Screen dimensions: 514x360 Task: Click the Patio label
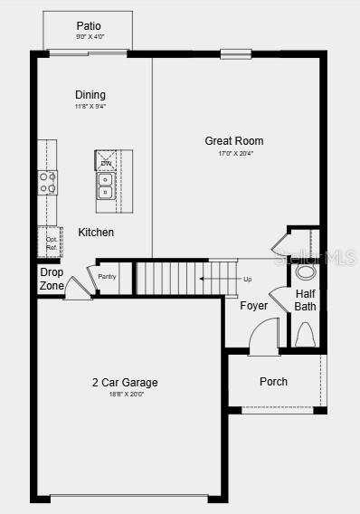click(89, 26)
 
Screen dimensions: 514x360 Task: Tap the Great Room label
click(234, 140)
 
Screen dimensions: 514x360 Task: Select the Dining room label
click(90, 94)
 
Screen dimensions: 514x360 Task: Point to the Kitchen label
click(96, 233)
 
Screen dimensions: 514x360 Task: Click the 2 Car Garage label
click(125, 383)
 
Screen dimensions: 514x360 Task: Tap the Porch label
click(273, 382)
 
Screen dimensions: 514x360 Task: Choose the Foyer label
click(253, 306)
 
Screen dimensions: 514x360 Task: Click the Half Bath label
click(306, 300)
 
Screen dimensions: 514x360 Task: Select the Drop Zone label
click(52, 280)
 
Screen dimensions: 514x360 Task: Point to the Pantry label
click(108, 276)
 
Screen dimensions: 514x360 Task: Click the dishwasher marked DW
click(106, 161)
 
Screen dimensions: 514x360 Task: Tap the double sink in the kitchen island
click(106, 185)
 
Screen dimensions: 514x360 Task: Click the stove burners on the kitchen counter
click(47, 182)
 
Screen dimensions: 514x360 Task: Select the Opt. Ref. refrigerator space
click(51, 243)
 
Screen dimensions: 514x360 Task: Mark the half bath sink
click(306, 271)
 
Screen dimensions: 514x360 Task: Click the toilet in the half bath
click(306, 336)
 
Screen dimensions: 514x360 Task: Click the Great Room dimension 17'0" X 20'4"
click(234, 154)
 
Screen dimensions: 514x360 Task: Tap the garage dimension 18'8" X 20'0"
click(125, 395)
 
